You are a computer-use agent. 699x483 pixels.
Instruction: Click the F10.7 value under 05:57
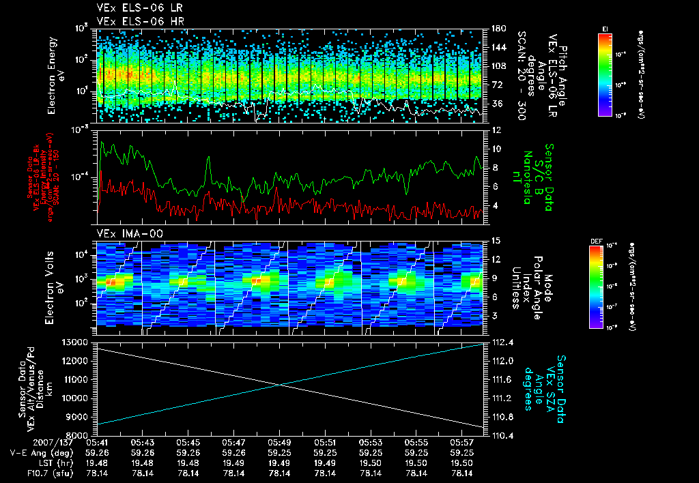coord(463,473)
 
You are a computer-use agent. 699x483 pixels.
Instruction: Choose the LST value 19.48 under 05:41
coord(97,463)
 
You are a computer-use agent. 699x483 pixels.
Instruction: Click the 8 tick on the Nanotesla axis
coord(490,167)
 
